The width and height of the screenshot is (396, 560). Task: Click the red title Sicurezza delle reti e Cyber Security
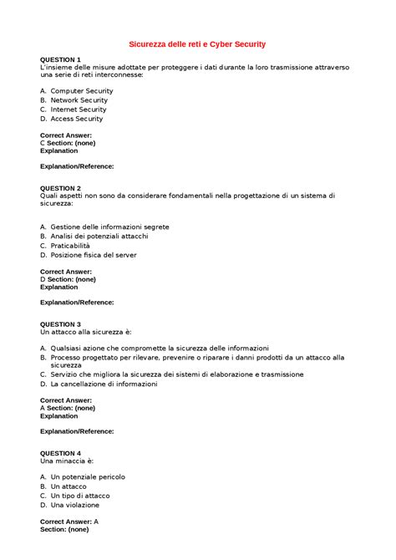(x=197, y=43)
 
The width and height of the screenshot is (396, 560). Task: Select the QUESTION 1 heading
(x=60, y=60)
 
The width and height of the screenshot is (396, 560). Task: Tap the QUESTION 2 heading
(x=60, y=188)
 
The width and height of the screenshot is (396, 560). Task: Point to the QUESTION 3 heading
(x=60, y=324)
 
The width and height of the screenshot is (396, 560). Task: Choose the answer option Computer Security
(x=82, y=90)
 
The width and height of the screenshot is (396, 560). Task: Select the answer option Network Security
(x=79, y=99)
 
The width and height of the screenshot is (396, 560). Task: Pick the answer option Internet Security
(x=79, y=109)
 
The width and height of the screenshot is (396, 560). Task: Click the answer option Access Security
(x=77, y=119)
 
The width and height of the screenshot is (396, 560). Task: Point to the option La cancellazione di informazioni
(x=104, y=384)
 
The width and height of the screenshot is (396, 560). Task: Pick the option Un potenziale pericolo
(x=88, y=476)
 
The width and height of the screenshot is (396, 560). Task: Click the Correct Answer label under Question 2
(x=66, y=271)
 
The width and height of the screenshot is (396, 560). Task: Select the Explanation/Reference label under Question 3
(x=77, y=431)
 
